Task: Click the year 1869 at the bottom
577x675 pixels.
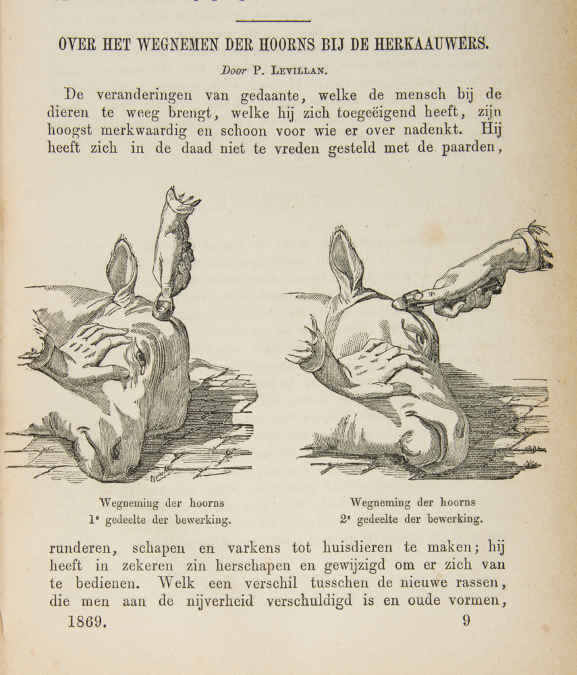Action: click(x=87, y=621)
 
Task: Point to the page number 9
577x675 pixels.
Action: click(x=466, y=620)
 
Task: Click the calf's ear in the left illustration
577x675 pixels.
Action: click(x=121, y=267)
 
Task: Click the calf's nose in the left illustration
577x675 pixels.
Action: click(x=125, y=466)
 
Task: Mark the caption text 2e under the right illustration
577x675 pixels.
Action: click(x=348, y=520)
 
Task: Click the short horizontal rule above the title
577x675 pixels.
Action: click(x=273, y=20)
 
